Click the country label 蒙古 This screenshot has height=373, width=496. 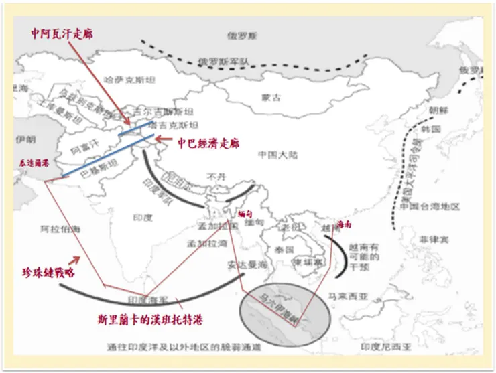[x=271, y=98]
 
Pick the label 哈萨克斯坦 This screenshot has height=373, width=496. [x=130, y=80]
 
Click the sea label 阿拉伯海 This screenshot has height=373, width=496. [x=60, y=229]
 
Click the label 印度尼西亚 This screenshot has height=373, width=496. [x=384, y=346]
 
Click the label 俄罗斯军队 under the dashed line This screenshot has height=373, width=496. [x=224, y=62]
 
